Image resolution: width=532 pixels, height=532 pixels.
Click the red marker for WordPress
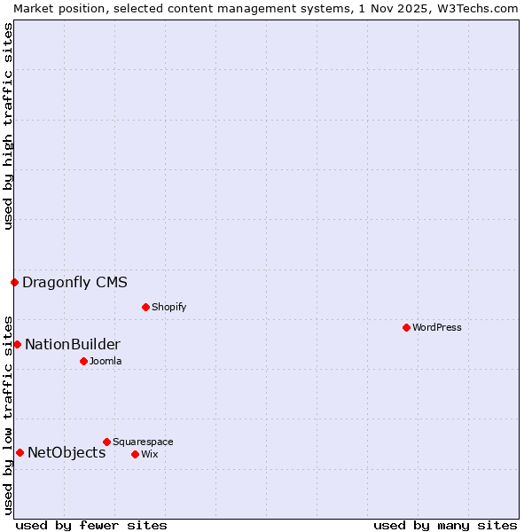point(406,327)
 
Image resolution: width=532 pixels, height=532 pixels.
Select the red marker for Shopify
point(145,307)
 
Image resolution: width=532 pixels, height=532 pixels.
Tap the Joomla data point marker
point(83,361)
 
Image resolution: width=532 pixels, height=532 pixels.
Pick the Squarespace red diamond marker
point(106,442)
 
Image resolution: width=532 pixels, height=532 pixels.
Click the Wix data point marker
point(135,454)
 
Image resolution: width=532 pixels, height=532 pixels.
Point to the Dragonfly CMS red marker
point(14,282)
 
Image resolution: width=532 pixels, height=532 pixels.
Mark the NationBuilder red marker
point(17,344)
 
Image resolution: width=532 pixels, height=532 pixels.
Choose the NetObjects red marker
point(20,452)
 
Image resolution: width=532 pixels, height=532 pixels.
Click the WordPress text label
point(437,327)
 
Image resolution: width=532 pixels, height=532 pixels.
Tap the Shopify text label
point(168,307)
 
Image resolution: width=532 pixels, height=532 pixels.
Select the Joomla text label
point(106,361)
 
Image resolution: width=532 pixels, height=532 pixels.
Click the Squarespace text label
point(143,442)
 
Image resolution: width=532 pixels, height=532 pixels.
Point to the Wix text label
point(150,454)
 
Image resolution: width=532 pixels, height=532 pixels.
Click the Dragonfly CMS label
point(74,283)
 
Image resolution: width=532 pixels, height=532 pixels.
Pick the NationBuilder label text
point(73,345)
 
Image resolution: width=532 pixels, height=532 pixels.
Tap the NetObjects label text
point(66,453)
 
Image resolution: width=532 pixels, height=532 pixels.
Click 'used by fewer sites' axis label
point(91,525)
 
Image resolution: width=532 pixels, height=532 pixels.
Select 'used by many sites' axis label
point(445,525)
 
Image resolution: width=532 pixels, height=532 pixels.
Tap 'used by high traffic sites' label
point(8,126)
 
